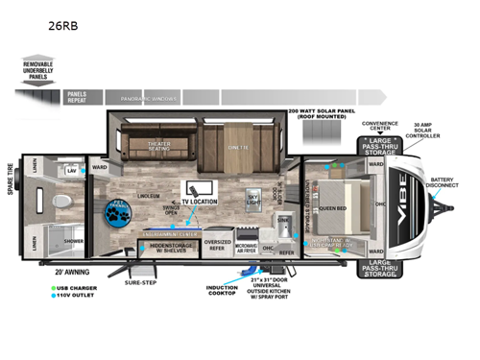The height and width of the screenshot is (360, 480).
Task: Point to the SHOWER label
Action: tap(73, 241)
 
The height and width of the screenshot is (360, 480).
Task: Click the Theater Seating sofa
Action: tap(158, 147)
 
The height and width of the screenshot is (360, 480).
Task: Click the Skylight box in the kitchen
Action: tap(253, 199)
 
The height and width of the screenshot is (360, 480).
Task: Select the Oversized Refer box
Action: tap(218, 245)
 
